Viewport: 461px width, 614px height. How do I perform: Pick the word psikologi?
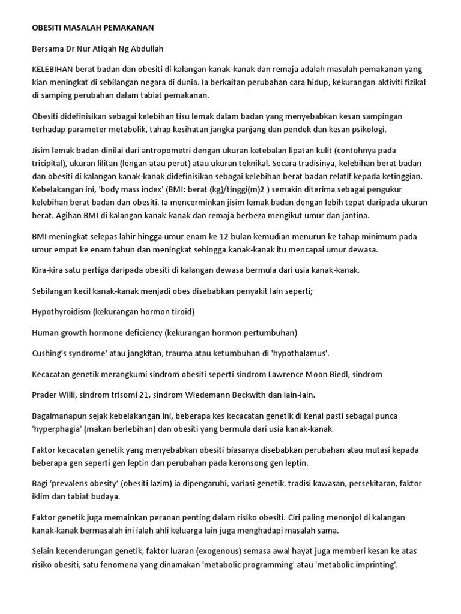click(370, 129)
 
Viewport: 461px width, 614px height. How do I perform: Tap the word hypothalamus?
click(298, 353)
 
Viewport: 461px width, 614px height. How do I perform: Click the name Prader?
click(46, 395)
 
